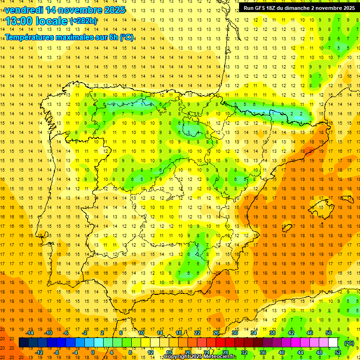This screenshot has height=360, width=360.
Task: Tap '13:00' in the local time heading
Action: tap(18, 21)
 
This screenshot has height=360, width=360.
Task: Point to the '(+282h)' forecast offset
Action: tap(83, 21)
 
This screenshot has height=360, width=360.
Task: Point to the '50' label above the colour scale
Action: tap(329, 333)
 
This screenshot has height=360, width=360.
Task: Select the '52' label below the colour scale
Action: tap(338, 352)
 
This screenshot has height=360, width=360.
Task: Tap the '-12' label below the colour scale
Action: tap(39, 352)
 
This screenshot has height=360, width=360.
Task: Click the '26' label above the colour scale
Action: tap(216, 333)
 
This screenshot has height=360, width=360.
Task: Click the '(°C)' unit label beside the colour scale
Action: tap(349, 343)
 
